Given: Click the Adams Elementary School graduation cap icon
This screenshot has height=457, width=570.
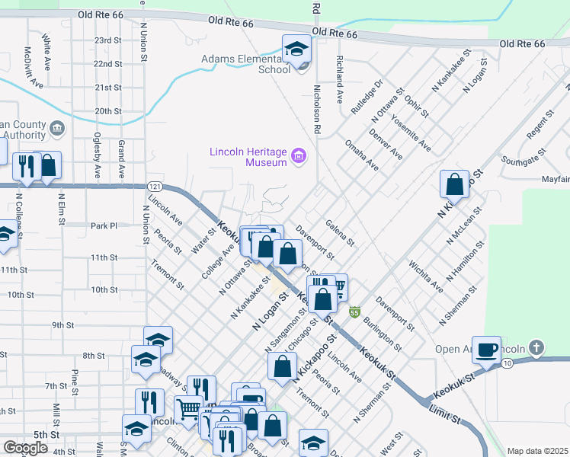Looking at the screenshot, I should [x=296, y=50].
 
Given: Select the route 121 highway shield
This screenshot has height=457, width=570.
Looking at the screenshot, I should [x=155, y=186].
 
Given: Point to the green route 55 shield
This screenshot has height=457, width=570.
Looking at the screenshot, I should [x=354, y=312].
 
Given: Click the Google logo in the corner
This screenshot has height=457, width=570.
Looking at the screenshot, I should [x=24, y=448].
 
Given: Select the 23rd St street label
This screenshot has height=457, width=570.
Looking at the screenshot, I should [x=107, y=40].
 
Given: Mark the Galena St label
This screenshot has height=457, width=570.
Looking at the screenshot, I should [x=340, y=232].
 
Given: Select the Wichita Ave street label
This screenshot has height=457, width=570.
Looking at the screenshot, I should [x=424, y=278].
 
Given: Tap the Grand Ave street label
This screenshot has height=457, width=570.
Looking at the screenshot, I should [x=120, y=158].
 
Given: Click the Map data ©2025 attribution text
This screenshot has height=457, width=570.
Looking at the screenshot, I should [x=537, y=451].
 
